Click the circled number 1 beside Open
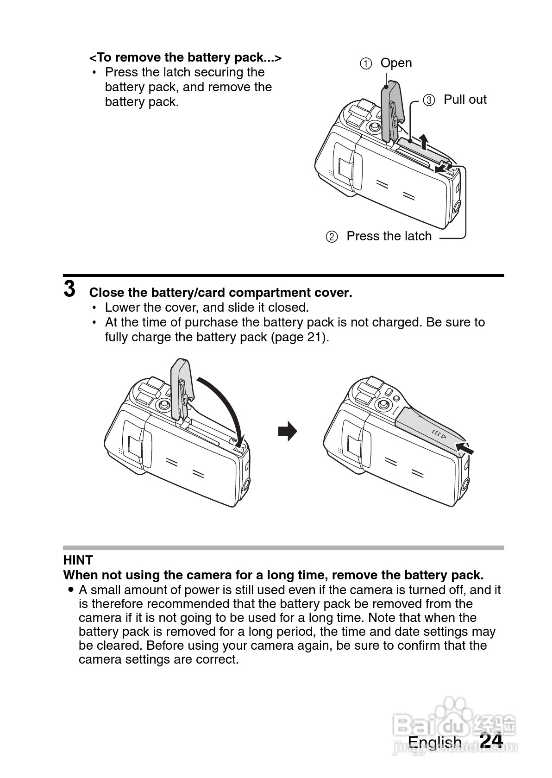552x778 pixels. point(366,64)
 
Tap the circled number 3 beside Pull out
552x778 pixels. point(429,100)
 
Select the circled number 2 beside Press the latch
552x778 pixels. point(332,237)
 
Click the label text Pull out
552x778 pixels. point(465,100)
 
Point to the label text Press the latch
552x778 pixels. point(389,236)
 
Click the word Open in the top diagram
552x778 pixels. point(396,63)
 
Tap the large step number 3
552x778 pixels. point(69,289)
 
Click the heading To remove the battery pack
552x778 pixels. point(185,57)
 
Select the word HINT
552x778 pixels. point(78,560)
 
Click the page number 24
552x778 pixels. point(491,740)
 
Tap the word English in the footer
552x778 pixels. point(434,742)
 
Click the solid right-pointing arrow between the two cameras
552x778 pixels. point(287,431)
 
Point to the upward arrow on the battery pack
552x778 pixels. point(424,141)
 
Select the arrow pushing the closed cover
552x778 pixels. point(465,448)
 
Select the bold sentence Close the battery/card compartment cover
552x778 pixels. point(220,293)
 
